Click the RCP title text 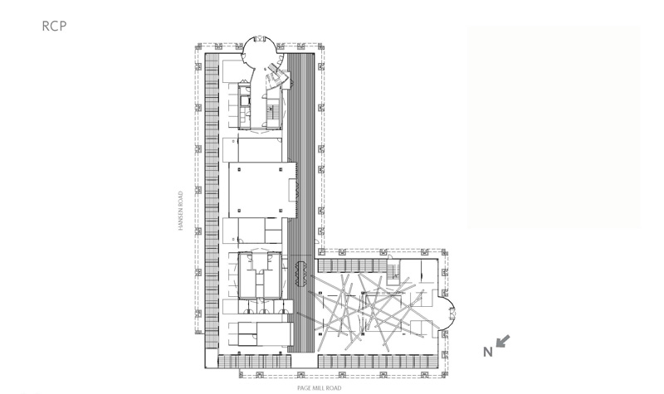click(54, 26)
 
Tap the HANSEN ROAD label click(180, 211)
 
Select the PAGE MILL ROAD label click(319, 388)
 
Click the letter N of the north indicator click(488, 352)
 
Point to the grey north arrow click(503, 341)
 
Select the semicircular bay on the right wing click(447, 314)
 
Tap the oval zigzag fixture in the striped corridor click(301, 274)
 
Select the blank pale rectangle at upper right click(554, 127)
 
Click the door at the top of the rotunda click(259, 38)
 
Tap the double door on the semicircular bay click(452, 314)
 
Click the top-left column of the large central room click(239, 170)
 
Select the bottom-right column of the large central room click(281, 211)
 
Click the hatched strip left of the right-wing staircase click(352, 265)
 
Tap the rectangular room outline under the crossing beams click(383, 313)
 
